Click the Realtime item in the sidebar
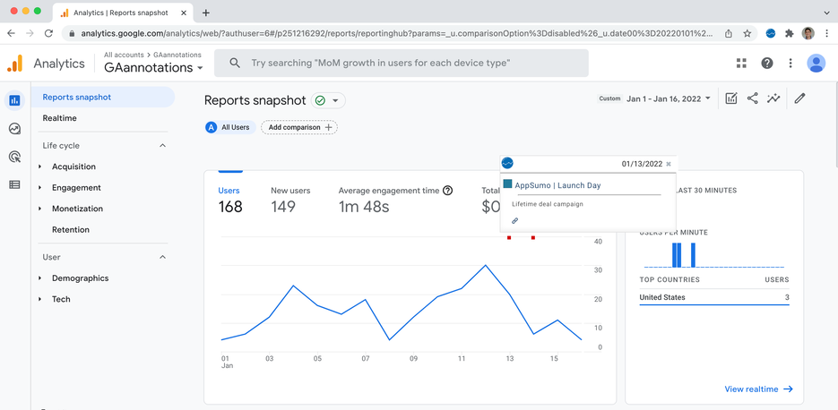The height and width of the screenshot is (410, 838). pyautogui.click(x=60, y=118)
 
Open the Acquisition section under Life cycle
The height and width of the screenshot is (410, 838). pyautogui.click(x=73, y=167)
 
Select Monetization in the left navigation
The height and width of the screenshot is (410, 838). pyautogui.click(x=77, y=209)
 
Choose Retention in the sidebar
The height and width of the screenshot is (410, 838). pyautogui.click(x=71, y=230)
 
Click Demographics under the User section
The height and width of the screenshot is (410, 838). pyautogui.click(x=80, y=278)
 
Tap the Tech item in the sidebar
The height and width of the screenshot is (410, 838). pyautogui.click(x=61, y=299)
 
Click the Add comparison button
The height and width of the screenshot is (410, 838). pyautogui.click(x=299, y=127)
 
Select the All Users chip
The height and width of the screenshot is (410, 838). pyautogui.click(x=229, y=127)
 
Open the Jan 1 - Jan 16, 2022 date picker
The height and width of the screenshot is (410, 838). pyautogui.click(x=669, y=98)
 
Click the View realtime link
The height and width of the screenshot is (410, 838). pyautogui.click(x=758, y=389)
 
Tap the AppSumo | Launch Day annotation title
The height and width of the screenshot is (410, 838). pyautogui.click(x=557, y=185)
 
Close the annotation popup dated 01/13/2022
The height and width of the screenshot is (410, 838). pyautogui.click(x=669, y=164)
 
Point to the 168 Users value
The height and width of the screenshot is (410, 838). pyautogui.click(x=230, y=208)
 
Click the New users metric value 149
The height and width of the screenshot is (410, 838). pyautogui.click(x=283, y=208)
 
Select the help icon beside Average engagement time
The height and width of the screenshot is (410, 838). pyautogui.click(x=448, y=191)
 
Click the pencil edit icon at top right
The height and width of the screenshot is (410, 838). pyautogui.click(x=799, y=98)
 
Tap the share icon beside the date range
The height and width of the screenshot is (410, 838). pyautogui.click(x=752, y=98)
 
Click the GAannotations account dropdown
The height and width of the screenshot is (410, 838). pyautogui.click(x=153, y=68)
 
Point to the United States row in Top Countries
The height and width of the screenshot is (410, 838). pyautogui.click(x=713, y=297)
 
